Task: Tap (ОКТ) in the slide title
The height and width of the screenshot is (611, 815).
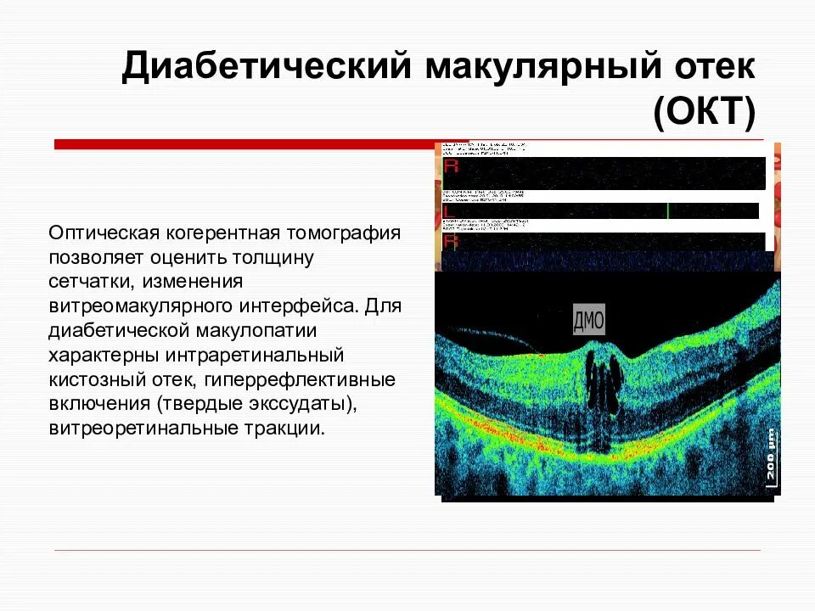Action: (703, 113)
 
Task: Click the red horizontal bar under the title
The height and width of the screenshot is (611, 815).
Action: (246, 144)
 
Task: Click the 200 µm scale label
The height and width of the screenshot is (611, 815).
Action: (770, 459)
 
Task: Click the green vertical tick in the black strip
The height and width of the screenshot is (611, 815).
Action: (668, 210)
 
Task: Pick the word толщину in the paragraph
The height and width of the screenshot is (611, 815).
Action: (280, 256)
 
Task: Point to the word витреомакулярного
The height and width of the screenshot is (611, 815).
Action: (143, 304)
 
